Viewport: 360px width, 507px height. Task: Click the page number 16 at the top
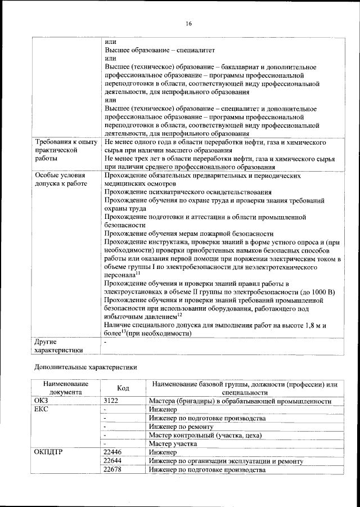click(188, 23)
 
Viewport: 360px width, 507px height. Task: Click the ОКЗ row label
click(44, 401)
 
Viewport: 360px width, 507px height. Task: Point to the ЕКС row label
click(43, 410)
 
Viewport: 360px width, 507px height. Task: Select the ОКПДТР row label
click(48, 452)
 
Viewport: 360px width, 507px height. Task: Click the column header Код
click(123, 388)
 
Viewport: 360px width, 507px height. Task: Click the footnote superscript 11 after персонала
click(138, 273)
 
